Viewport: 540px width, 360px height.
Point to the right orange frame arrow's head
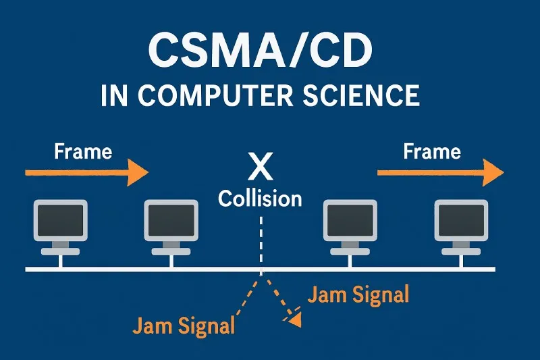[x=495, y=173]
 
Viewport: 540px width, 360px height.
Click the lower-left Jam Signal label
[x=184, y=326]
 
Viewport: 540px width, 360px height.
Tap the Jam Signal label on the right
[x=358, y=294]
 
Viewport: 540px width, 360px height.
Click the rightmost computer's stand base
[x=461, y=251]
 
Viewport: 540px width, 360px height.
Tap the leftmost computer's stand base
[x=61, y=251]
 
